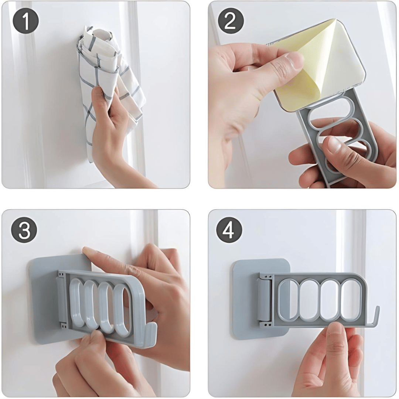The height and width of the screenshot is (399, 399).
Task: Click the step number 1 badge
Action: tap(26, 22)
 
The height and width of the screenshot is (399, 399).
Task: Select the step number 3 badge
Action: tap(24, 230)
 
